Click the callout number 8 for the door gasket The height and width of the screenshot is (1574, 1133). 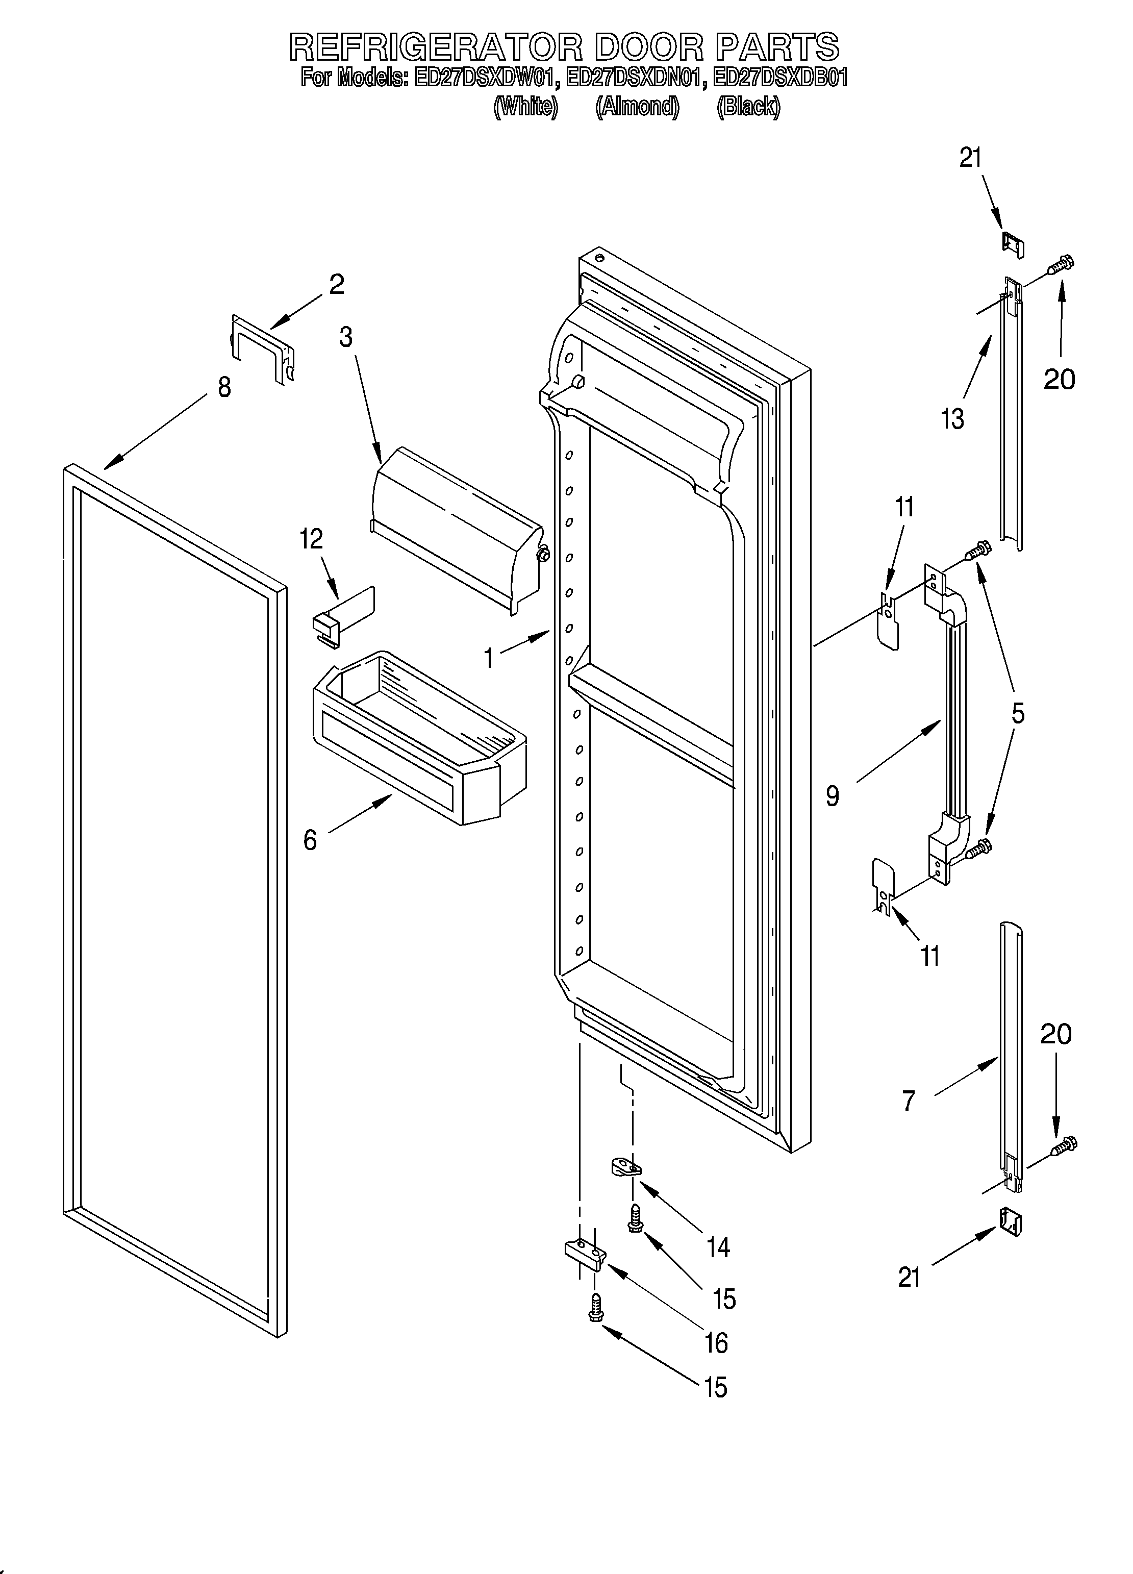pos(223,387)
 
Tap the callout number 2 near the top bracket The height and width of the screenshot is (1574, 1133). pos(337,285)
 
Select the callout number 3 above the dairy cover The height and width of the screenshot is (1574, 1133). pos(345,337)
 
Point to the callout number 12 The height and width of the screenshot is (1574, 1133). pos(312,539)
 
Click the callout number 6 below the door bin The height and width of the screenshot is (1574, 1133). pos(310,840)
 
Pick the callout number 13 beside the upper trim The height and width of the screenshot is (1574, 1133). pos(952,419)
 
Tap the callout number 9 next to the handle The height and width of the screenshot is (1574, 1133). pos(833,796)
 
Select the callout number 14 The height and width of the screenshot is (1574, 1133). pos(718,1248)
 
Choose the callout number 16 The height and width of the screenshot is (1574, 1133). pos(716,1343)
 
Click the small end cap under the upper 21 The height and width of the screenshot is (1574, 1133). pos(1014,244)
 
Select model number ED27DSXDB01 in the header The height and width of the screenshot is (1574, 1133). pos(780,78)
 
